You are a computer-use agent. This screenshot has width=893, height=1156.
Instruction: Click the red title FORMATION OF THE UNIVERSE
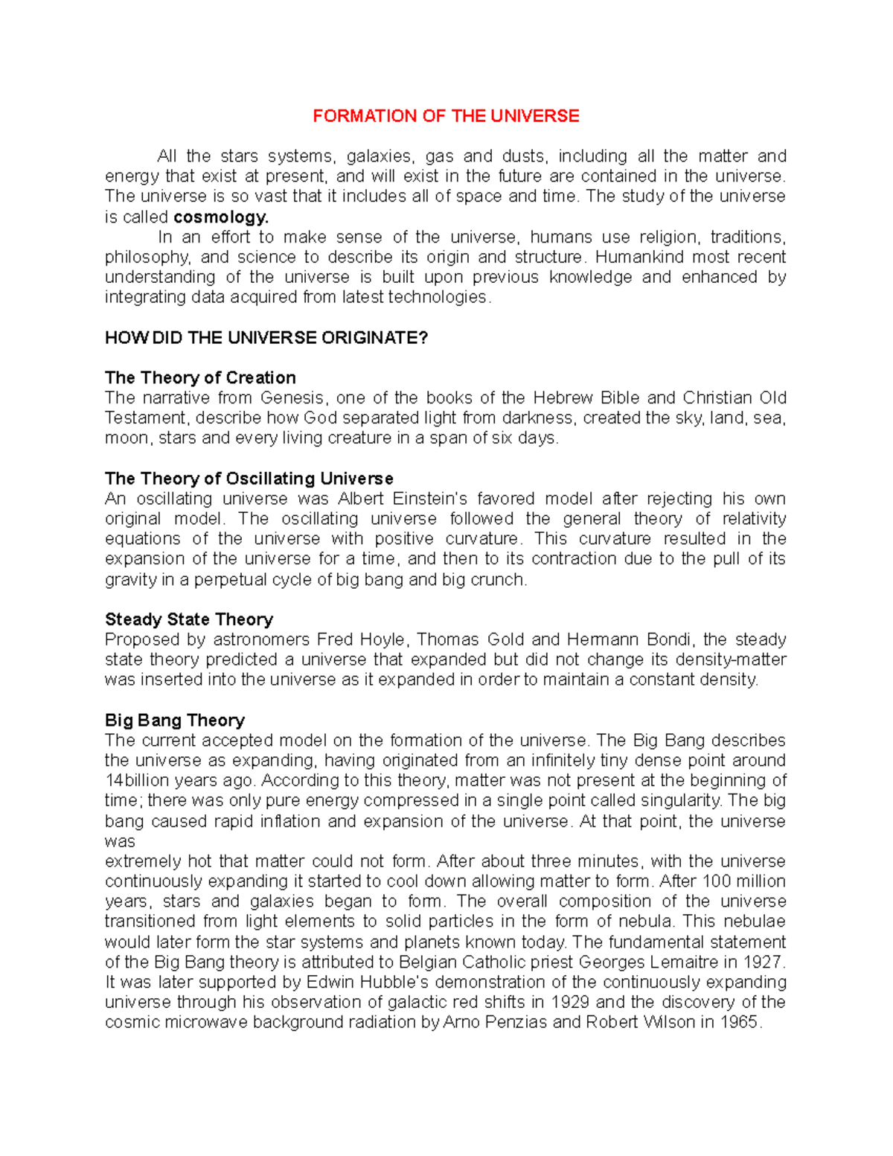coord(446,116)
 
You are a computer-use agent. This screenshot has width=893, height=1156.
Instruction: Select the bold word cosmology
coord(220,217)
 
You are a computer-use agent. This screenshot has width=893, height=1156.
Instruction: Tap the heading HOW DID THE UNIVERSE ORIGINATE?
coord(266,338)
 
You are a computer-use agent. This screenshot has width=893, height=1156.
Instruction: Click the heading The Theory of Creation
coord(200,377)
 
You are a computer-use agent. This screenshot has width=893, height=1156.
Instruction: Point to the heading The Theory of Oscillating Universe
coord(249,479)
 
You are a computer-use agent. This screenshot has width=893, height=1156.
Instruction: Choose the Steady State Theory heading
coord(189,619)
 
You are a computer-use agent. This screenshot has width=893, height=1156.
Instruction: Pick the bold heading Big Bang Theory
coord(175,720)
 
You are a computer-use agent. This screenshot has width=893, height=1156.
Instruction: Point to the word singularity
coord(683,801)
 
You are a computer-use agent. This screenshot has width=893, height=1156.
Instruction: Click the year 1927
coord(761,962)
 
